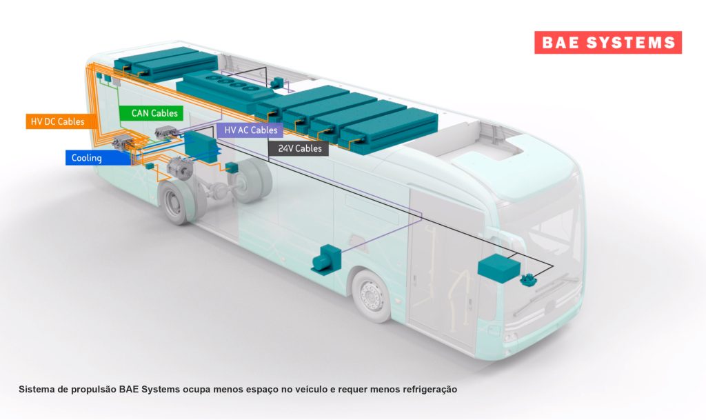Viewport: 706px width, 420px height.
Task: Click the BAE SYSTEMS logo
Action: click(x=608, y=42)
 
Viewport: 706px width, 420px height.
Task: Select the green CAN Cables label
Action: click(x=151, y=113)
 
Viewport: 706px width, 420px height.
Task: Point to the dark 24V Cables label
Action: click(x=299, y=148)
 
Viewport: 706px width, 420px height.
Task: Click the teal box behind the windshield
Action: click(x=498, y=268)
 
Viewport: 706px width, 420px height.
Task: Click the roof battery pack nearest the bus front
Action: click(x=388, y=130)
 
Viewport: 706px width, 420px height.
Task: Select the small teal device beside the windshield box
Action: click(x=528, y=280)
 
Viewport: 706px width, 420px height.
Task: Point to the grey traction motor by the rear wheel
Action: click(x=180, y=167)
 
